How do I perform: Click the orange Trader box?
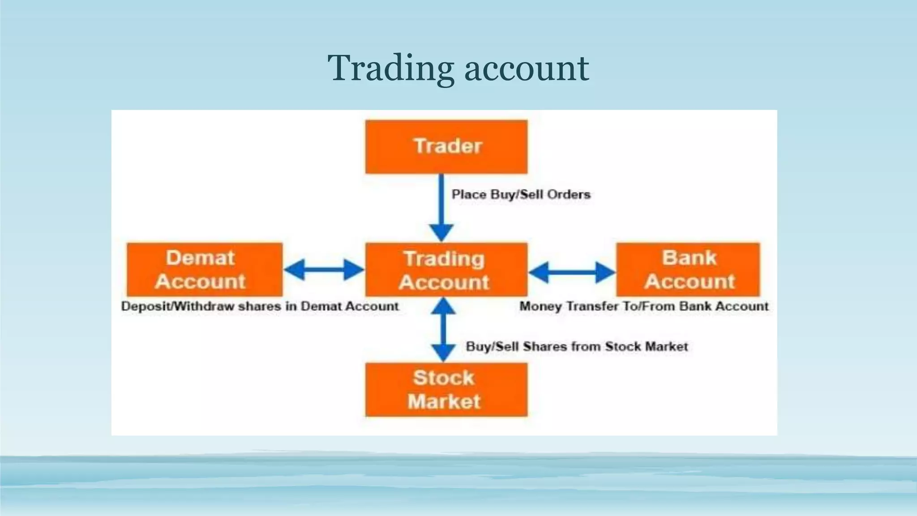[x=446, y=146]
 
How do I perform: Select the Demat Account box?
[x=205, y=270]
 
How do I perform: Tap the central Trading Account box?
[x=446, y=270]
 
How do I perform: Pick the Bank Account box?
[x=688, y=270]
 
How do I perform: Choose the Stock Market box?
[x=446, y=390]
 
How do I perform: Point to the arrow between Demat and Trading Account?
[x=324, y=270]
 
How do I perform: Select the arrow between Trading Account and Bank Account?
[x=572, y=272]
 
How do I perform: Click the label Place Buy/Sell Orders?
[x=521, y=194]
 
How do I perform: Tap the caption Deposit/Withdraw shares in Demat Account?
[x=260, y=306]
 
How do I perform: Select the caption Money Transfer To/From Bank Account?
[x=644, y=306]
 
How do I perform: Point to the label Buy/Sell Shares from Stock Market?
[x=577, y=346]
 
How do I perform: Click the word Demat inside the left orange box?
[x=200, y=258]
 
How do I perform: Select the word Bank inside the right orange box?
[x=689, y=258]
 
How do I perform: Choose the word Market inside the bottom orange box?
[x=444, y=401]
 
